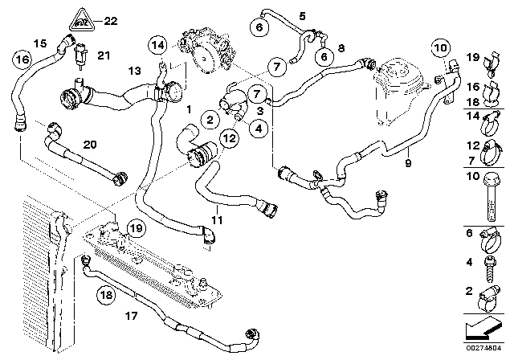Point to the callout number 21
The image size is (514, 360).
(x=103, y=55)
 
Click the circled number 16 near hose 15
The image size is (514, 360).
(x=22, y=59)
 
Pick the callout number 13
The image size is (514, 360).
(x=134, y=70)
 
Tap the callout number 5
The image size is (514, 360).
(x=302, y=15)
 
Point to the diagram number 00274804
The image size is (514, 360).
(x=489, y=347)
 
